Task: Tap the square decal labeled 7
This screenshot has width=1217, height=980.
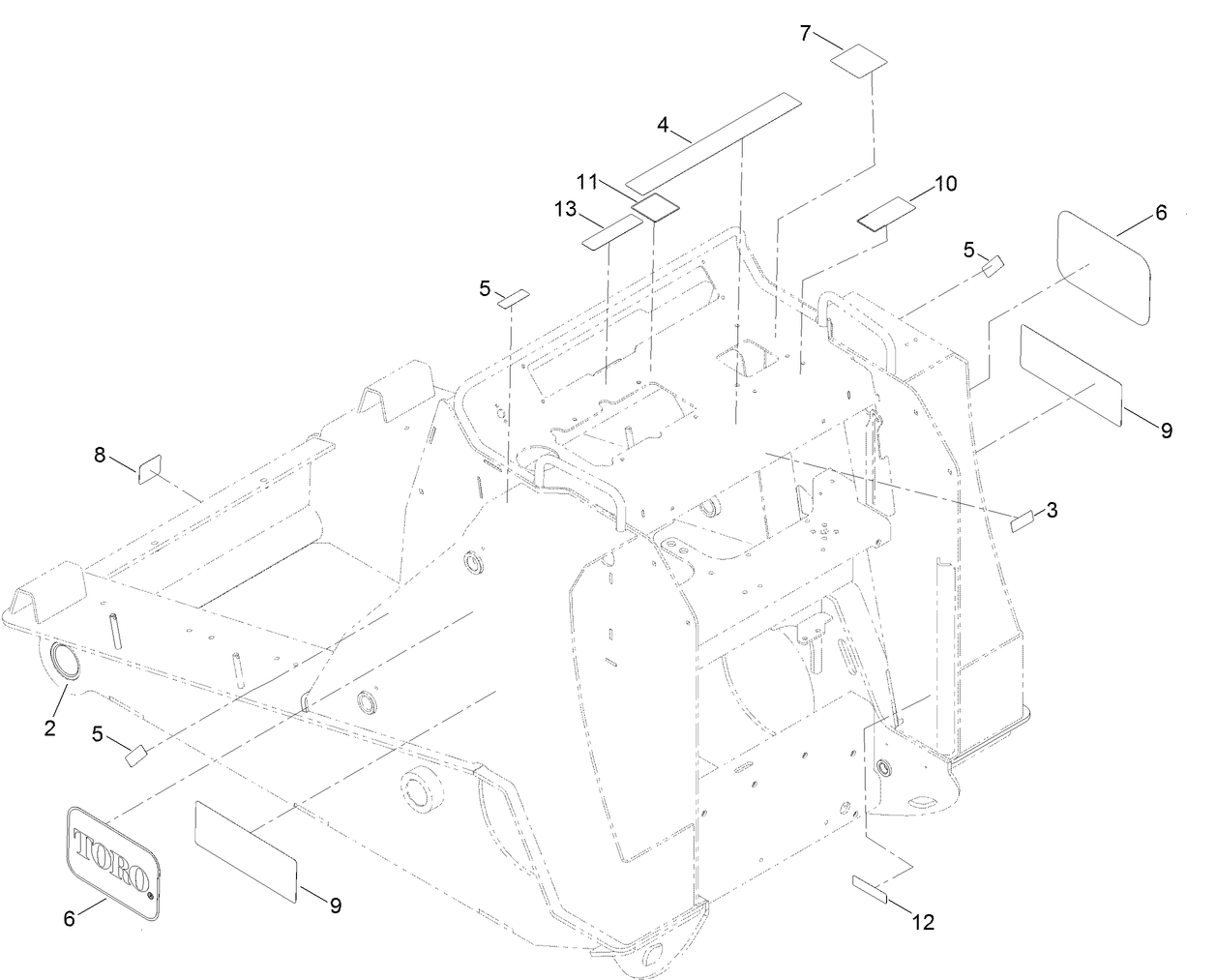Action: [x=859, y=60]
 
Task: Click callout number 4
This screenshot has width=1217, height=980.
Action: [x=663, y=125]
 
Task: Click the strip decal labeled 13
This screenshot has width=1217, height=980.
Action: [x=612, y=233]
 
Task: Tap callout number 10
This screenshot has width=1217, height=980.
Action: [x=945, y=183]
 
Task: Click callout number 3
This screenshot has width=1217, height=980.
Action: [x=1052, y=510]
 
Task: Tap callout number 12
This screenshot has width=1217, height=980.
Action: [x=923, y=922]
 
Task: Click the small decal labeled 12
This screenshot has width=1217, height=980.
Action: [x=870, y=889]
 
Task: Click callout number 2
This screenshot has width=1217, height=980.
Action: [x=49, y=728]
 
